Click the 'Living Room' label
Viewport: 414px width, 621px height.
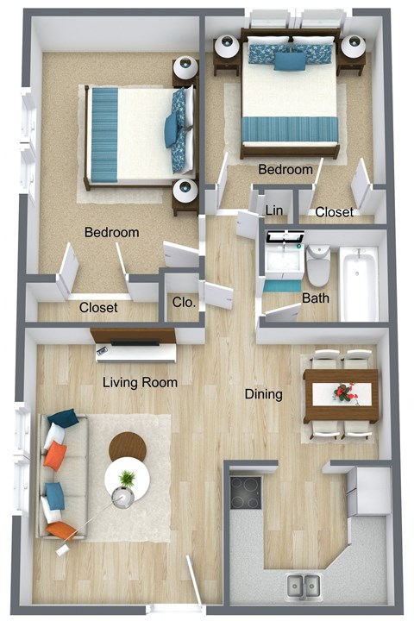[141, 382]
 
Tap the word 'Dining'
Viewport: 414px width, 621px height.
[263, 395]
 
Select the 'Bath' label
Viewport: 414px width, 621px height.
[315, 298]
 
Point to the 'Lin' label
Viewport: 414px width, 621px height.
[274, 210]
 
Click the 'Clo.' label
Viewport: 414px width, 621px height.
[184, 303]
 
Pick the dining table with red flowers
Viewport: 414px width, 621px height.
[342, 395]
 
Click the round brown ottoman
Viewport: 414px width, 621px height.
[128, 445]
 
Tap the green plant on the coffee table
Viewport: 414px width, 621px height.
[128, 478]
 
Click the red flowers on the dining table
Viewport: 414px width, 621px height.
[345, 392]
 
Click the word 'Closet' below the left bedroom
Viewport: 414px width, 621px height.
[98, 308]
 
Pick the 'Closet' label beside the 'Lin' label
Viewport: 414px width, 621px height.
[332, 211]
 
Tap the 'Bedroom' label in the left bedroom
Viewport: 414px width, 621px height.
[111, 233]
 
